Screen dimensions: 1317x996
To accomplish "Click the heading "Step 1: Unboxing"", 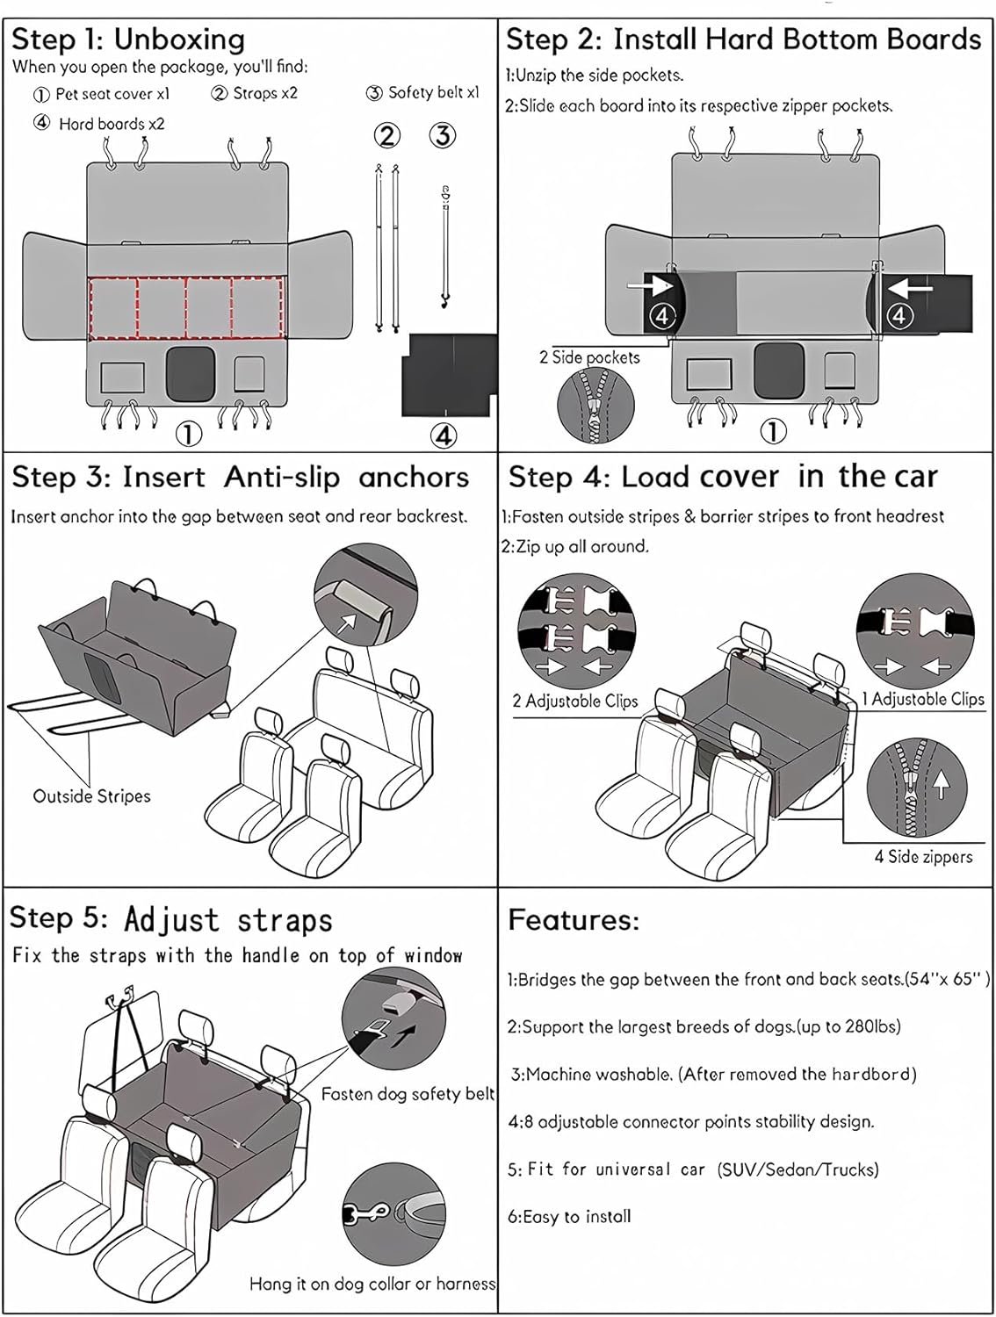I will click(128, 40).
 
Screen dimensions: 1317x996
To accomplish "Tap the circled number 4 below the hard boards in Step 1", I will click(444, 434).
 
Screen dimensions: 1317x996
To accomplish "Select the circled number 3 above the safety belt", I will click(443, 136).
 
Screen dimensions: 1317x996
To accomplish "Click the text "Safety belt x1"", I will click(424, 92).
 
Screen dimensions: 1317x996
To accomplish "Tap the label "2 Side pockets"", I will click(589, 357).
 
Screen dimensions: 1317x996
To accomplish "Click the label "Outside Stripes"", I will click(91, 796).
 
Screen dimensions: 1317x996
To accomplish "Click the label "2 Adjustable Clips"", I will click(574, 701).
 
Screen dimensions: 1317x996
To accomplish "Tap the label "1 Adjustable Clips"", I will click(921, 699).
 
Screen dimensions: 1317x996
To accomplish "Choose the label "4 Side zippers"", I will click(923, 856).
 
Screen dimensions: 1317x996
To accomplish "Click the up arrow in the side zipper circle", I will click(941, 782).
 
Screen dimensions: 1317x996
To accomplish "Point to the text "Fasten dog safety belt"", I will click(408, 1094).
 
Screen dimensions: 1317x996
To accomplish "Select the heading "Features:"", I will click(574, 920).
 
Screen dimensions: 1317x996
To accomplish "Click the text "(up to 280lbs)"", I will click(848, 1026).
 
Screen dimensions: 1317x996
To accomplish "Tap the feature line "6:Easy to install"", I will click(569, 1216).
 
